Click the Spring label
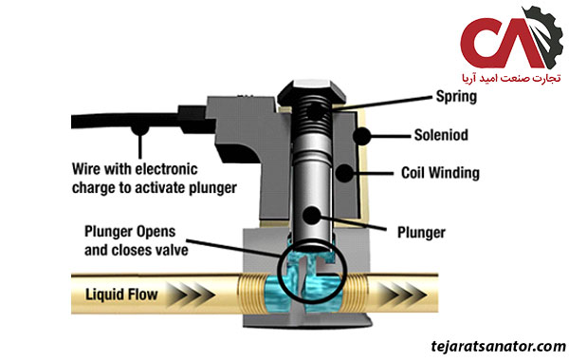point(456,96)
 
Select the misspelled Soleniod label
point(441,135)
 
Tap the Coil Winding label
point(440,173)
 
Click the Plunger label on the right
point(421,232)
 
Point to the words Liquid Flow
point(121,294)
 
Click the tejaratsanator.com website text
point(498,346)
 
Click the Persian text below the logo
point(511,78)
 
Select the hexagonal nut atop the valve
point(311,89)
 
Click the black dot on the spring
point(315,112)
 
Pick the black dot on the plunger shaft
point(311,215)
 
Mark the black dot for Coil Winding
point(344,173)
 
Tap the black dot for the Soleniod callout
point(361,136)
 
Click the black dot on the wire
point(139,128)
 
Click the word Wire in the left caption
point(86,169)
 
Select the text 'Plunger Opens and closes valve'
point(136,240)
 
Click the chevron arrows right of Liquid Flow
point(190,294)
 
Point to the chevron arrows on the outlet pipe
point(400,294)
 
